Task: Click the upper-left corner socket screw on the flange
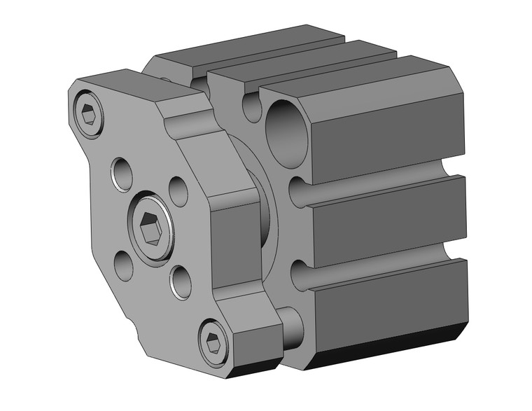[87, 113]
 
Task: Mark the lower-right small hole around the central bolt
[180, 282]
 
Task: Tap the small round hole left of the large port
[252, 108]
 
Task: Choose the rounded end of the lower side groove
[298, 275]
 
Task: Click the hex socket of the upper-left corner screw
[87, 113]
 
